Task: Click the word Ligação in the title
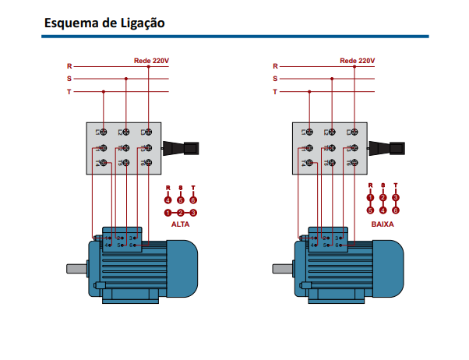[140, 23]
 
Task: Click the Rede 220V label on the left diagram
[150, 60]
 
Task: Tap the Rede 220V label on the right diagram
[357, 60]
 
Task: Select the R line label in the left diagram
[69, 67]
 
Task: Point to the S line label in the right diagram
[275, 79]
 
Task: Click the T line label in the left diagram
[69, 92]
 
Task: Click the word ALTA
[180, 224]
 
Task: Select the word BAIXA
[383, 224]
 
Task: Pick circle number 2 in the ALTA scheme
[181, 212]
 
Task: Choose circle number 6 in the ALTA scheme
[193, 199]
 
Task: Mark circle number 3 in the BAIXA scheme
[396, 198]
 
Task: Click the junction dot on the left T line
[104, 91]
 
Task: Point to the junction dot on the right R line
[354, 66]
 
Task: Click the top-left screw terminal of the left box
[101, 133]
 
